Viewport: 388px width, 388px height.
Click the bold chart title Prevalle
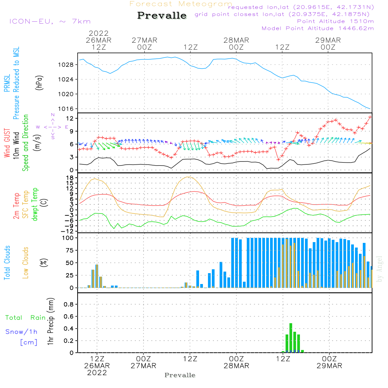point(162,16)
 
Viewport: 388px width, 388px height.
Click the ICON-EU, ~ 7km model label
point(50,21)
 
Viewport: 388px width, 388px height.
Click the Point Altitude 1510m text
point(335,21)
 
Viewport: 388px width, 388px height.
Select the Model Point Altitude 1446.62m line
point(318,28)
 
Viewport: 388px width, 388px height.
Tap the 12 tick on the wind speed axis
point(70,118)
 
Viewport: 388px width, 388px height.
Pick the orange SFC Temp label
point(26,204)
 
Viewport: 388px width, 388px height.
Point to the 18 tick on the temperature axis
point(70,178)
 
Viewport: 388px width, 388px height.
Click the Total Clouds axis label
point(7,263)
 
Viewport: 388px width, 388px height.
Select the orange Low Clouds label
point(26,263)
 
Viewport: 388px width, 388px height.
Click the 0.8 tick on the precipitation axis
point(68,305)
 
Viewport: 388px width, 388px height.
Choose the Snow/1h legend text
point(21,332)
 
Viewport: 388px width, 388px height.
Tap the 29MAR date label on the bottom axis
point(329,366)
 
